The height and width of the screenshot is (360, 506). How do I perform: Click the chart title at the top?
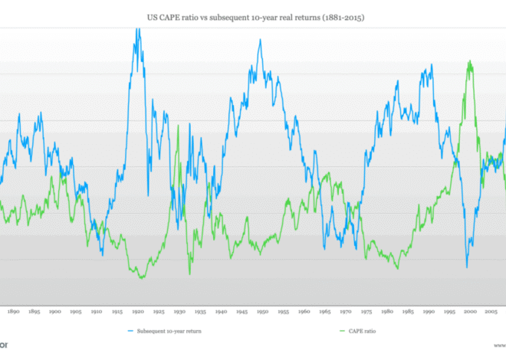tap(252, 15)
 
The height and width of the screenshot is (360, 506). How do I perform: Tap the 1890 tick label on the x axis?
tap(14, 312)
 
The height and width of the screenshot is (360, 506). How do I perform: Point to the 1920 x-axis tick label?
tap(138, 312)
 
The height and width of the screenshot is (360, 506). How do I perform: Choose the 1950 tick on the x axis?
tap(262, 312)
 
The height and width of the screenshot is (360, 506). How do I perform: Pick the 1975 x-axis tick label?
tap(366, 312)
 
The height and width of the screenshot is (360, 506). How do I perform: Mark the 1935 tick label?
tap(200, 312)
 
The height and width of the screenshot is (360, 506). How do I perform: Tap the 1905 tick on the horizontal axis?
tap(76, 312)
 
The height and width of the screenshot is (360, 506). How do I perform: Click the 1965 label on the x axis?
tap(324, 312)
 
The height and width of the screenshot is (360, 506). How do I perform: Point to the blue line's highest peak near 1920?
tap(138, 29)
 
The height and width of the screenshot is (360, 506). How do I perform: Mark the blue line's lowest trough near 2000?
tap(466, 267)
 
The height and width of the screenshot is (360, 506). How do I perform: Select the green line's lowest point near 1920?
tap(142, 277)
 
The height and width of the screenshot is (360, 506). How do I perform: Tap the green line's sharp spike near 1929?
tap(178, 126)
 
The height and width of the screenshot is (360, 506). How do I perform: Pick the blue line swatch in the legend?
tap(128, 331)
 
